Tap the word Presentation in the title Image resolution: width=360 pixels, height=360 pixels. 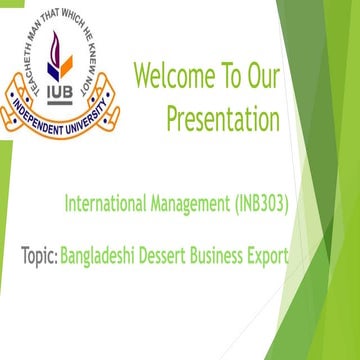pyautogui.click(x=222, y=120)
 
